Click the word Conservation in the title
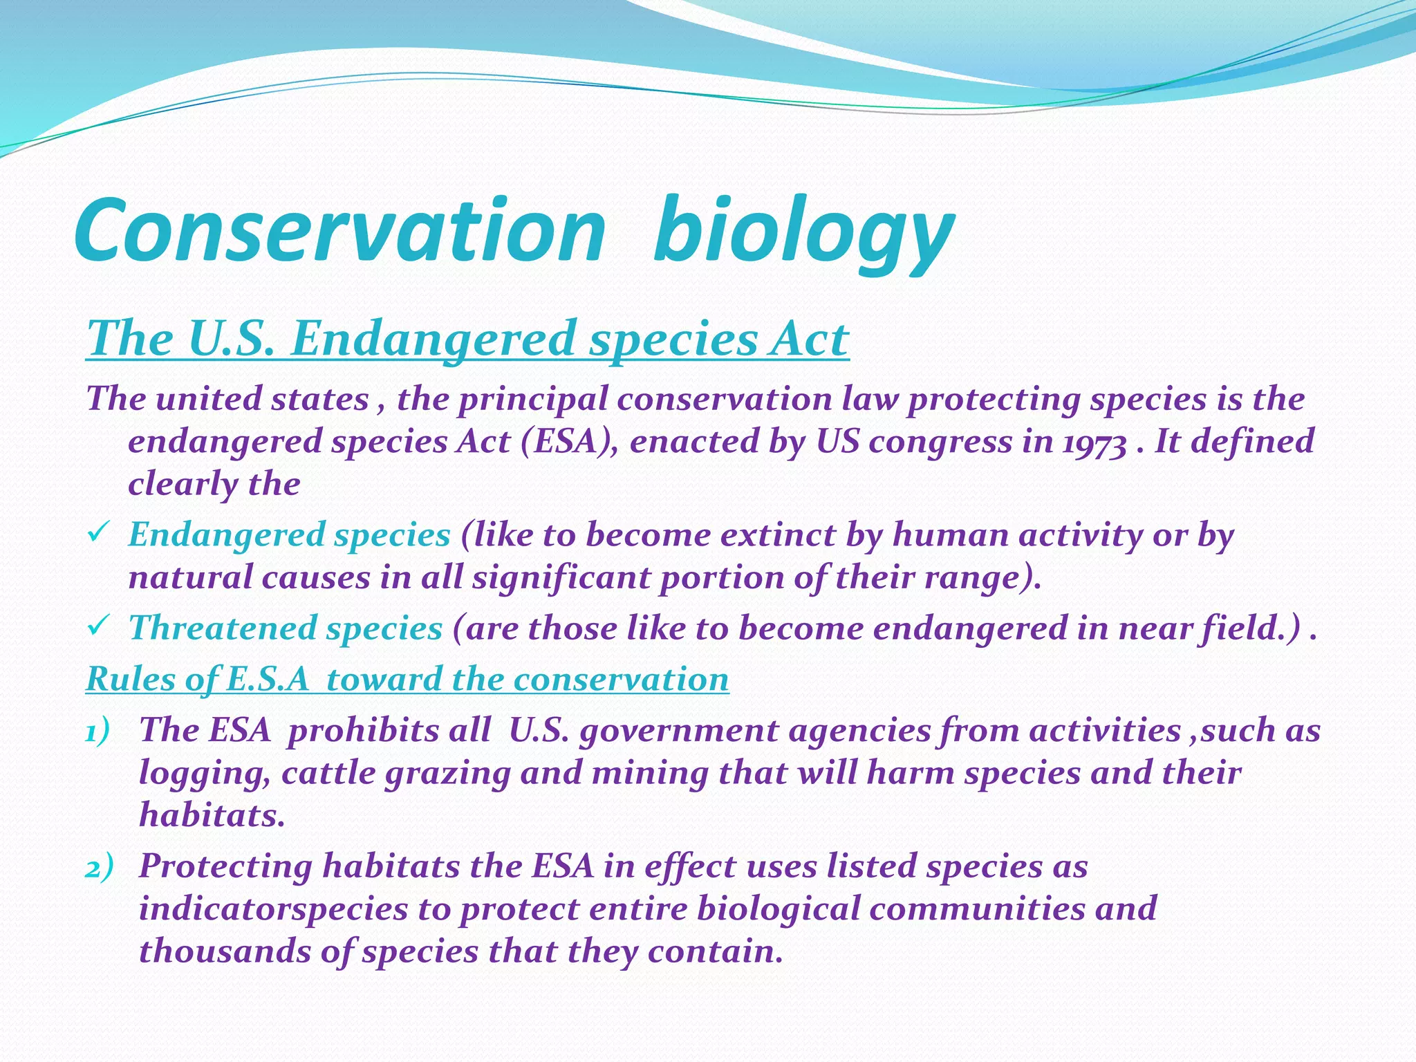coord(339,230)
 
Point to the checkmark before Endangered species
coord(96,533)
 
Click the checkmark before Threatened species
coord(96,626)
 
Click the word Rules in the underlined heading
coord(130,679)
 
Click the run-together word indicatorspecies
coord(273,909)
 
